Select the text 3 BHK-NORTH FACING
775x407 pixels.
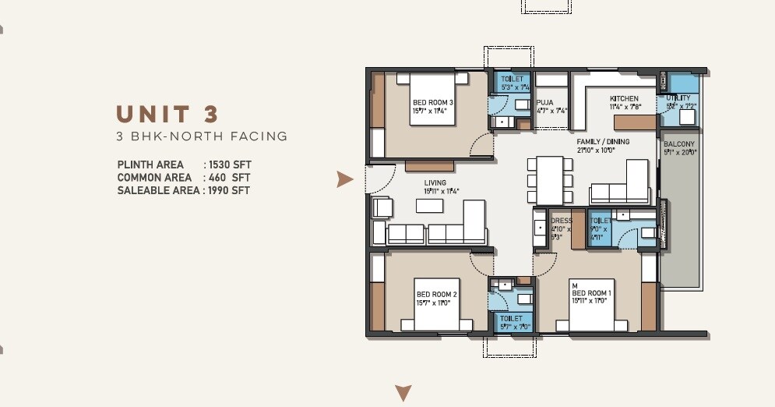[x=202, y=137]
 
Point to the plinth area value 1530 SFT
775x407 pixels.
[x=227, y=165]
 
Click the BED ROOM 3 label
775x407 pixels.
[x=433, y=103]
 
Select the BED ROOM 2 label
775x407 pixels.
[x=436, y=294]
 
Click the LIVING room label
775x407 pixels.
[x=435, y=183]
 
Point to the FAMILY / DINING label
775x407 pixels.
[x=601, y=142]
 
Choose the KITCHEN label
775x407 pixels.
[x=624, y=99]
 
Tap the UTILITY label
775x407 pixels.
[x=678, y=98]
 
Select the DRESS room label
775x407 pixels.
[x=561, y=221]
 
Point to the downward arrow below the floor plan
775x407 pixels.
[x=403, y=392]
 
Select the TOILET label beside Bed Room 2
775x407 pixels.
[x=511, y=319]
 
